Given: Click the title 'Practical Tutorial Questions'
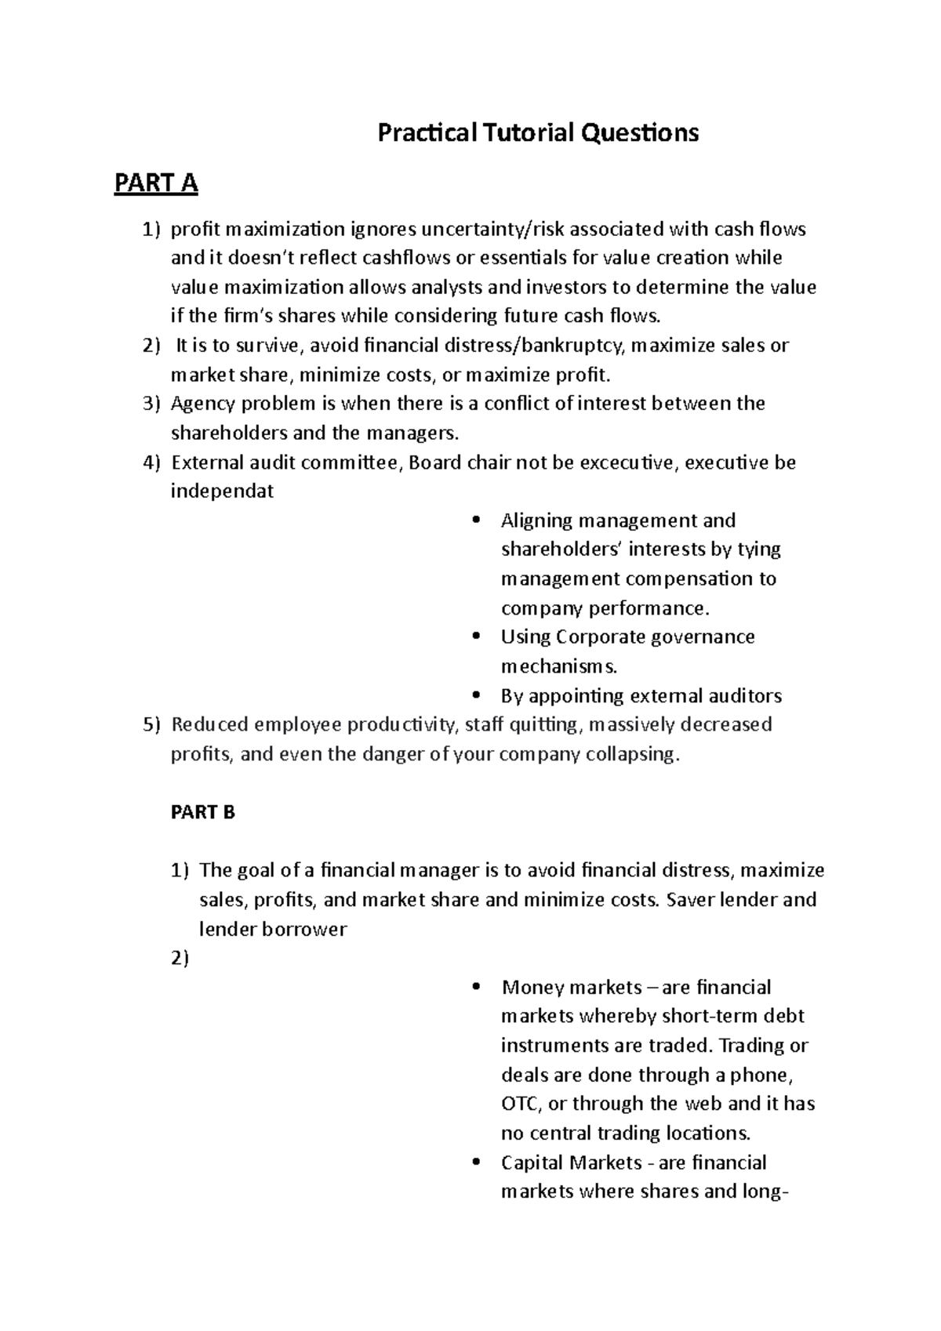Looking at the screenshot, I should click(538, 133).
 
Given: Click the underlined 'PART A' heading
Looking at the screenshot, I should click(156, 183).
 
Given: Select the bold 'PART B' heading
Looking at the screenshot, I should click(202, 812).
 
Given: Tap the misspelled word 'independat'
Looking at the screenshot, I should click(223, 491).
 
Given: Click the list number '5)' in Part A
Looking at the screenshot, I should click(151, 724).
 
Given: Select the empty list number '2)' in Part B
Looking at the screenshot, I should click(180, 959).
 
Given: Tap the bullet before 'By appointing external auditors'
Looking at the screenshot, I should click(476, 696).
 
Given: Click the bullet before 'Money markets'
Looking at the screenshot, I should click(476, 988).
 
